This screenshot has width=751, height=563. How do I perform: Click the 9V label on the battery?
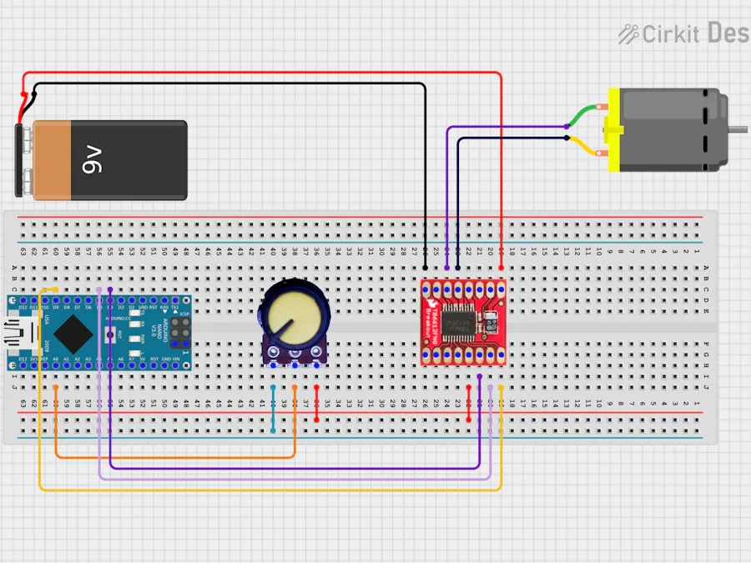92,158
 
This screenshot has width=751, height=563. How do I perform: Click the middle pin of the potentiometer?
295,362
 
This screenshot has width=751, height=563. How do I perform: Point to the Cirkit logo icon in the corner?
628,33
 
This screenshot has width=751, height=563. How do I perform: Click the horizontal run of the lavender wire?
292,479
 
